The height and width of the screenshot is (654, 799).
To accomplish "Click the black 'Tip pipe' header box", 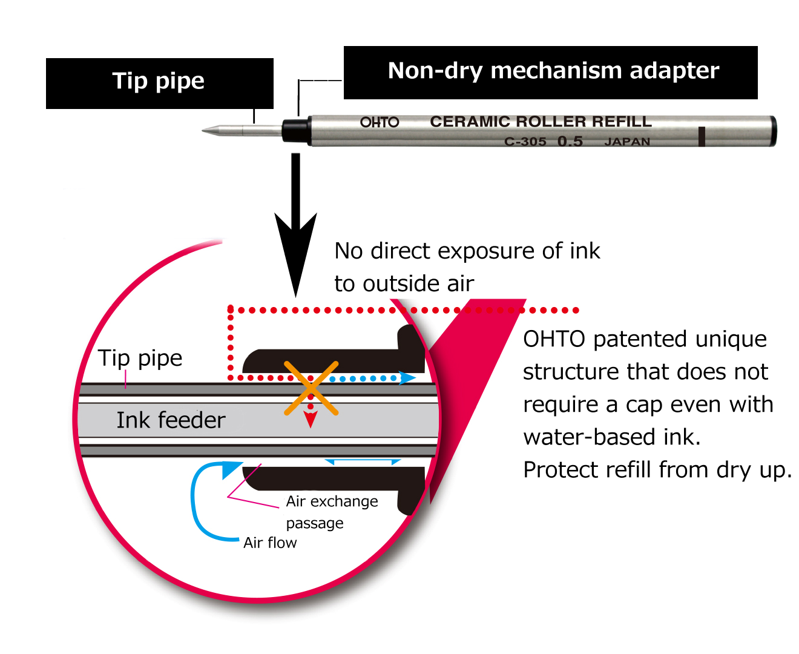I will click(x=159, y=83).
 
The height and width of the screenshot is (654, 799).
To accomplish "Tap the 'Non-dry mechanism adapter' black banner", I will click(x=550, y=72).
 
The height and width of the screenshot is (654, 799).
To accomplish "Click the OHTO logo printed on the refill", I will click(x=380, y=122).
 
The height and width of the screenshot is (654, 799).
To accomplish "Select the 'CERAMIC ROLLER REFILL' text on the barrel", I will click(x=541, y=122).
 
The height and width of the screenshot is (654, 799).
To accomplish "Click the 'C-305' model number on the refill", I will click(x=525, y=142).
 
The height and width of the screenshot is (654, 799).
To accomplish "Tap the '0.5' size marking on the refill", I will click(x=570, y=142).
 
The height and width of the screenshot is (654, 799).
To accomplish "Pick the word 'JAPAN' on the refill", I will click(x=627, y=142).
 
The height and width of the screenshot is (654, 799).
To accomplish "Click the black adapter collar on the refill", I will click(x=295, y=130).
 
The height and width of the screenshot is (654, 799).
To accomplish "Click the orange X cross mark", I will click(x=311, y=388).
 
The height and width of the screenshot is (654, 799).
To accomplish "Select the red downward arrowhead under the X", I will click(x=311, y=419).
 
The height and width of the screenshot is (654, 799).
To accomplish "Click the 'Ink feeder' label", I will click(x=171, y=420).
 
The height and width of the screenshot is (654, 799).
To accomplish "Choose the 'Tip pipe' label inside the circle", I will click(x=140, y=358).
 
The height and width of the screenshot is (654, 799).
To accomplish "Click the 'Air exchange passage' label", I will click(x=331, y=512).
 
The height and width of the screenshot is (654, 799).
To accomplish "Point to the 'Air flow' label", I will click(x=270, y=543).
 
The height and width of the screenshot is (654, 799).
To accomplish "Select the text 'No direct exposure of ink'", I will click(x=467, y=251).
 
